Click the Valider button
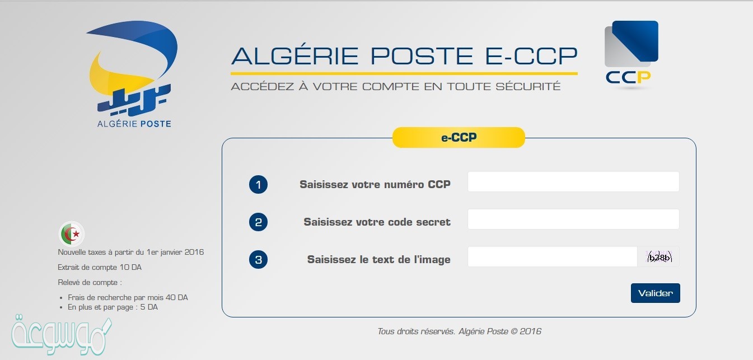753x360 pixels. tap(655, 293)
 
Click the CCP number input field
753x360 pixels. tap(573, 181)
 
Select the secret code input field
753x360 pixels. tap(573, 219)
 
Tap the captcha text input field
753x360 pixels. tap(553, 256)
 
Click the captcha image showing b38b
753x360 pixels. tap(659, 257)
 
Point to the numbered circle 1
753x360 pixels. tap(258, 184)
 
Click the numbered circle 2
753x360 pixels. tap(258, 222)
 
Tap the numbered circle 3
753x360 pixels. tap(258, 259)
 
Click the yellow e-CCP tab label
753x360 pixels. tap(459, 137)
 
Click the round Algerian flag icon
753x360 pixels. tap(72, 233)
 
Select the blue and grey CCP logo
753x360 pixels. tap(630, 54)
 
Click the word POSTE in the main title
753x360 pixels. tap(422, 55)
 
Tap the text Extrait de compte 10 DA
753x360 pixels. tap(100, 267)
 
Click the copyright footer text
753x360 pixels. tap(459, 331)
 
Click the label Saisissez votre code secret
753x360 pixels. tap(377, 222)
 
